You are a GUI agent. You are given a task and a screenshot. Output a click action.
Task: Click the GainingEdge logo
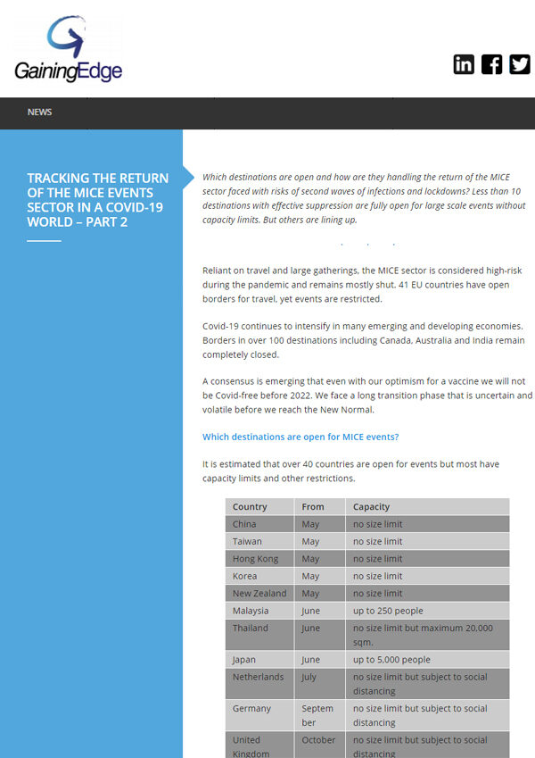pyautogui.click(x=69, y=50)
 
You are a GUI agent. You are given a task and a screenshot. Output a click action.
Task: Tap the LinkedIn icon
pyautogui.click(x=464, y=64)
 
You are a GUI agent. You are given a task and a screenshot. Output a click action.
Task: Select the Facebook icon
pyautogui.click(x=491, y=64)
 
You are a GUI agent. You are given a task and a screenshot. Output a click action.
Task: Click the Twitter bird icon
pyautogui.click(x=520, y=64)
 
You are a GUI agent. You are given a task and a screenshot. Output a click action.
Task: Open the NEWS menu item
pyautogui.click(x=39, y=112)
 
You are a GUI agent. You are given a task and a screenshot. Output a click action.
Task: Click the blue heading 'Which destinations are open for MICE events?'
pyautogui.click(x=300, y=437)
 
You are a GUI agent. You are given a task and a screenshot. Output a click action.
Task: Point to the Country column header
pyautogui.click(x=250, y=506)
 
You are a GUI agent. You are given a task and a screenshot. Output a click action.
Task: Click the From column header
pyautogui.click(x=313, y=506)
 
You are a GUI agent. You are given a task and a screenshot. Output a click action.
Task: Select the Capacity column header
pyautogui.click(x=371, y=506)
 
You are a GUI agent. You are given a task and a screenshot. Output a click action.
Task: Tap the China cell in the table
pyautogui.click(x=244, y=524)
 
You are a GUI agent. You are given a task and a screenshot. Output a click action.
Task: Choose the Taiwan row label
pyautogui.click(x=248, y=541)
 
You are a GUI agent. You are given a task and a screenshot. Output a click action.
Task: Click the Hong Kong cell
pyautogui.click(x=255, y=559)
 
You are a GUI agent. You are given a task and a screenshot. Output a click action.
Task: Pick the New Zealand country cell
pyautogui.click(x=259, y=593)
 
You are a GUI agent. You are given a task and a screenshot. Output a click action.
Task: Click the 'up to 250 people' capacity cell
pyautogui.click(x=388, y=611)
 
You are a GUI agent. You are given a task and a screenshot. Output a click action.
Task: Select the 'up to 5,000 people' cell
pyautogui.click(x=391, y=660)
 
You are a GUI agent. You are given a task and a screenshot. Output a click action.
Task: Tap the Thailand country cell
pyautogui.click(x=251, y=628)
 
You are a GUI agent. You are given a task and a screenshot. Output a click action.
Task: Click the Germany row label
pyautogui.click(x=251, y=708)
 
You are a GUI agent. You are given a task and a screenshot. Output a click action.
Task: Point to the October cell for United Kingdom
pyautogui.click(x=318, y=739)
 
